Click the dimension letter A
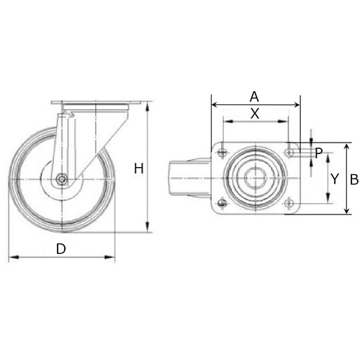click(253, 96)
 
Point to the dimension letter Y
click(333, 178)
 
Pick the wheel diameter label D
click(61, 249)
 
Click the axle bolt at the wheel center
click(62, 180)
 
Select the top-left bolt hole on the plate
click(222, 152)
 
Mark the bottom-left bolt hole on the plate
click(222, 204)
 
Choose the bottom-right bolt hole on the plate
click(290, 204)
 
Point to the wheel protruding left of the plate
click(179, 178)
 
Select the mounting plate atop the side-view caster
click(94, 107)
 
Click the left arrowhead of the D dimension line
click(12, 257)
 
